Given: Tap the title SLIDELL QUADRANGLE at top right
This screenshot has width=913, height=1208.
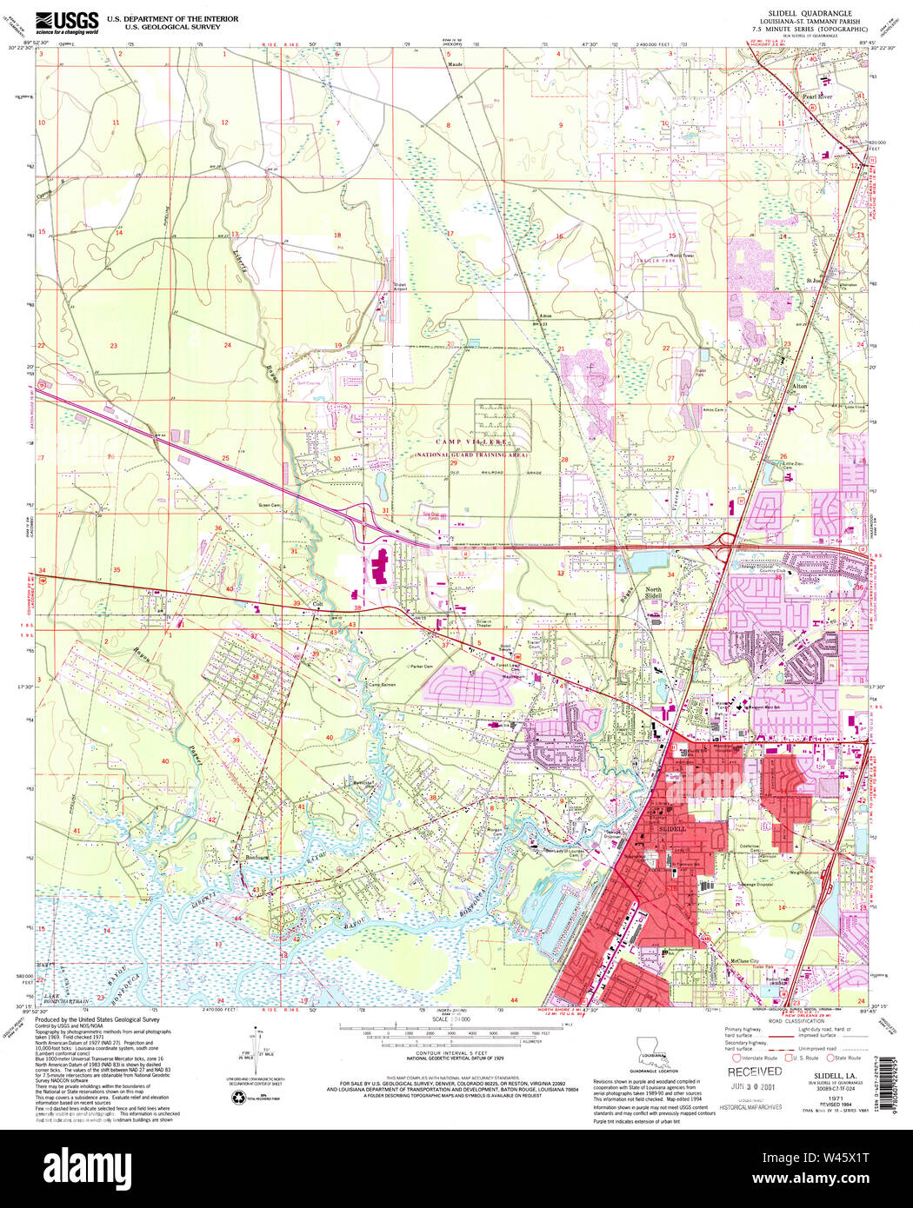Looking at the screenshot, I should click(x=810, y=14).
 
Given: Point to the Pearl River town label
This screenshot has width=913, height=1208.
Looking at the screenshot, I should click(x=816, y=96).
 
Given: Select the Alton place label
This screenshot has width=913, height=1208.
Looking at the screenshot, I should click(x=800, y=386).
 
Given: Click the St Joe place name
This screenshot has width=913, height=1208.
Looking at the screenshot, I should click(x=814, y=281).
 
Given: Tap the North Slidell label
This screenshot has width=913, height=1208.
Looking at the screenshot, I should click(x=653, y=593).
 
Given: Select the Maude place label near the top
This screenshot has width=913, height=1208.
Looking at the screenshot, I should click(x=455, y=64).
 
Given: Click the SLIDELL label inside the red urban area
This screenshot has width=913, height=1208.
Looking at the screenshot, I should click(x=672, y=830).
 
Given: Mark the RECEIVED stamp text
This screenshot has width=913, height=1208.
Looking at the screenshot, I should click(x=754, y=1072).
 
